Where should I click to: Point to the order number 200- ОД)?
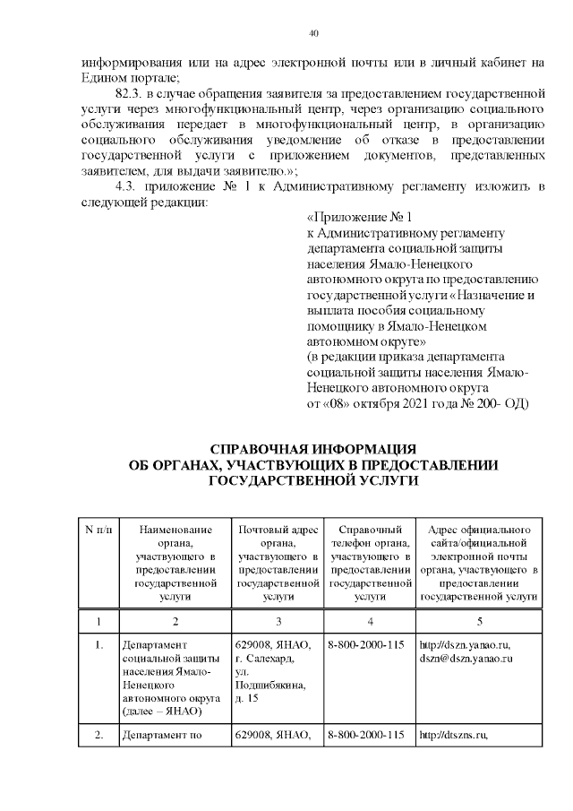[x=500, y=404]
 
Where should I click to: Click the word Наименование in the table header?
[x=175, y=530]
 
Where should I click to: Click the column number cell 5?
[x=479, y=621]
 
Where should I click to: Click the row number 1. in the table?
[x=98, y=645]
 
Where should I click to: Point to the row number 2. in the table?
[x=98, y=737]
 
